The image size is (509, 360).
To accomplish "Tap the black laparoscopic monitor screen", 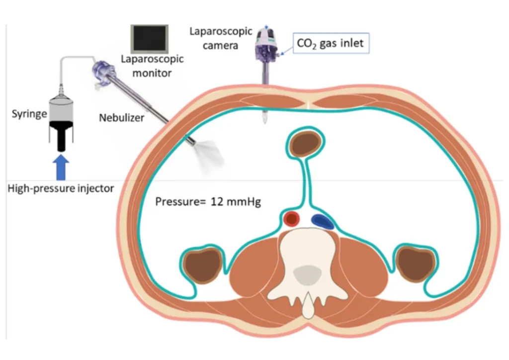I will coord(149,38).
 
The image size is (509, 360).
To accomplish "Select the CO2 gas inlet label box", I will coord(330,43).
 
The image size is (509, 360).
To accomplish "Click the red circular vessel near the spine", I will coord(291,218).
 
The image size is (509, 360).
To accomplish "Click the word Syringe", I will coord(29,114).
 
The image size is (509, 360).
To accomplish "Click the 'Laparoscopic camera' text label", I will coord(213,38).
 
